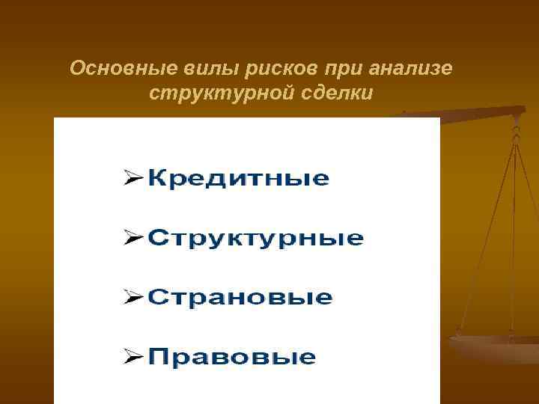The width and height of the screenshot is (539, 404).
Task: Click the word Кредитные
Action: pyautogui.click(x=237, y=179)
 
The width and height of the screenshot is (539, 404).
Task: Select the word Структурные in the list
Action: pyautogui.click(x=255, y=239)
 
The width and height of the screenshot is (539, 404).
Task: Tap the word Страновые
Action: pyautogui.click(x=239, y=297)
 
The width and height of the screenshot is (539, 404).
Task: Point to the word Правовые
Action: pyautogui.click(x=231, y=356)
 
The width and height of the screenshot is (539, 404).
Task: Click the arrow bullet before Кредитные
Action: pyautogui.click(x=133, y=179)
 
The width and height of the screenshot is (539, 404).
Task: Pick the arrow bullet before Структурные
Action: pyautogui.click(x=133, y=238)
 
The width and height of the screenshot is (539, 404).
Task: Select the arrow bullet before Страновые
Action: pyautogui.click(x=133, y=297)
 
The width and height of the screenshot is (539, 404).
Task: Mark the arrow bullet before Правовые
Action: pyautogui.click(x=133, y=356)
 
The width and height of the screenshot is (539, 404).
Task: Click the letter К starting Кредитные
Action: pyautogui.click(x=157, y=179)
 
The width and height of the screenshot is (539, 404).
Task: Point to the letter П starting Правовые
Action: pyautogui.click(x=157, y=356)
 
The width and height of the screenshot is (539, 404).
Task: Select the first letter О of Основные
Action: pyautogui.click(x=76, y=69)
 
